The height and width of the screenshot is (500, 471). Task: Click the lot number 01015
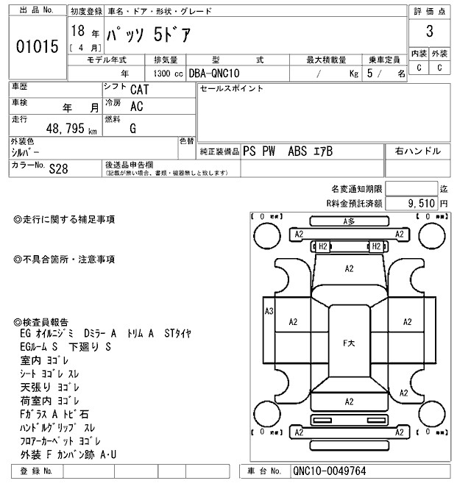pyautogui.click(x=37, y=47)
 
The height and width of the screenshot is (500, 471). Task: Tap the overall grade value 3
pyautogui.click(x=428, y=32)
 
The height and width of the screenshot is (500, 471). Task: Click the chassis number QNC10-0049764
pyautogui.click(x=329, y=471)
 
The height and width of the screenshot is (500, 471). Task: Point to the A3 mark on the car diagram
pyautogui.click(x=269, y=312)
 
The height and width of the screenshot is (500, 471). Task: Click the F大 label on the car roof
pyautogui.click(x=350, y=343)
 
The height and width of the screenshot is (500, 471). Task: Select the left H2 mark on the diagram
pyautogui.click(x=322, y=246)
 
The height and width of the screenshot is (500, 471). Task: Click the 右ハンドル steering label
pyautogui.click(x=417, y=151)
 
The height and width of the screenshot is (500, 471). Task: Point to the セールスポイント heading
pyautogui.click(x=232, y=88)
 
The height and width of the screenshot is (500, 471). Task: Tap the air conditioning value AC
pyautogui.click(x=136, y=107)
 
